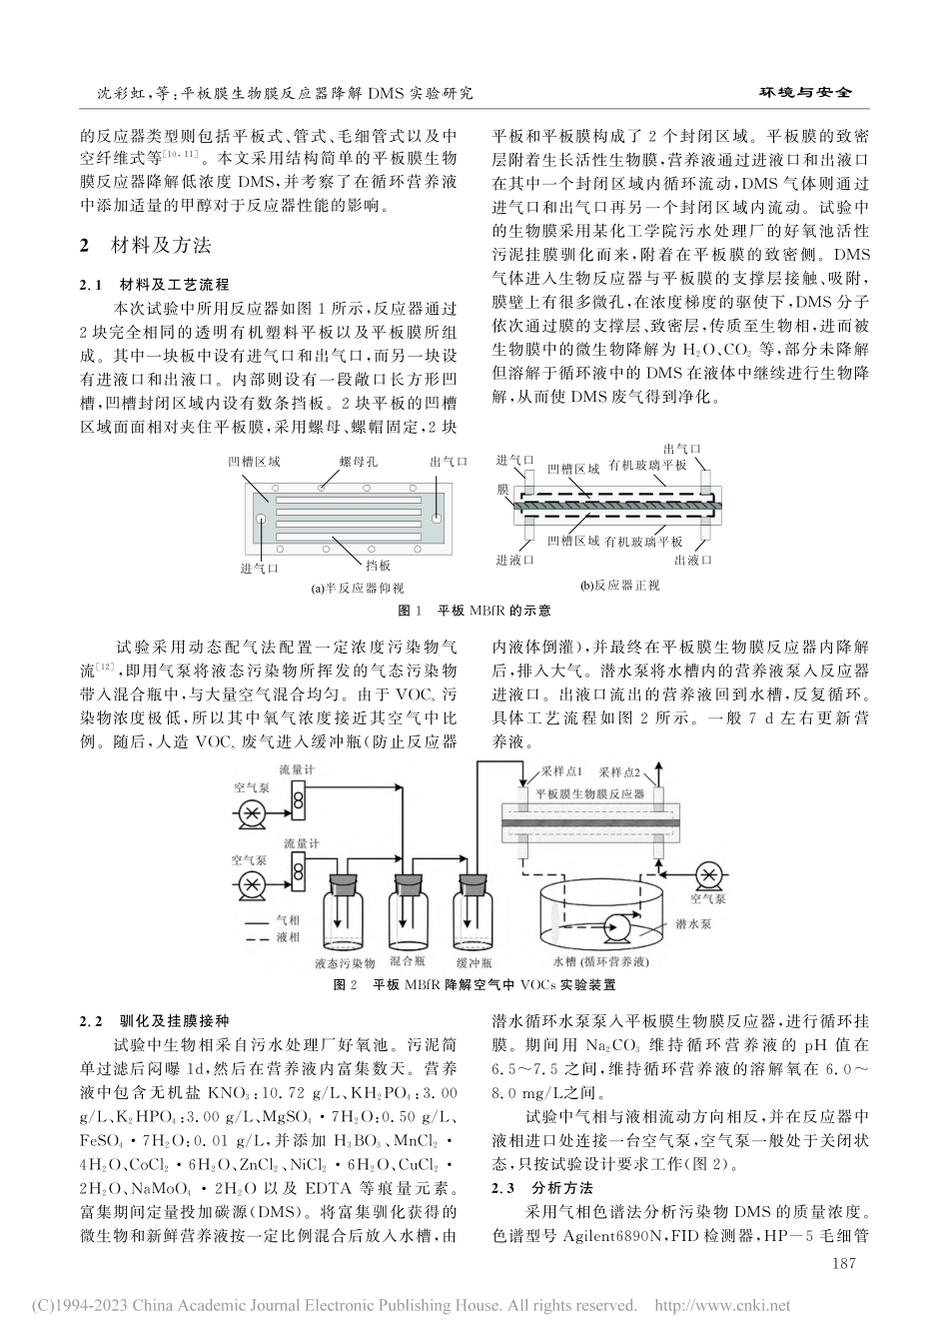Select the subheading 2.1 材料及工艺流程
[x=153, y=285]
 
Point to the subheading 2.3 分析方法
[x=543, y=1188]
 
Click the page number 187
[x=845, y=1264]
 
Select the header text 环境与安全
[x=806, y=92]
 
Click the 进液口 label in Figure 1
[x=515, y=561]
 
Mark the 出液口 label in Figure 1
[x=693, y=561]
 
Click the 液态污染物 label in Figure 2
[x=343, y=963]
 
